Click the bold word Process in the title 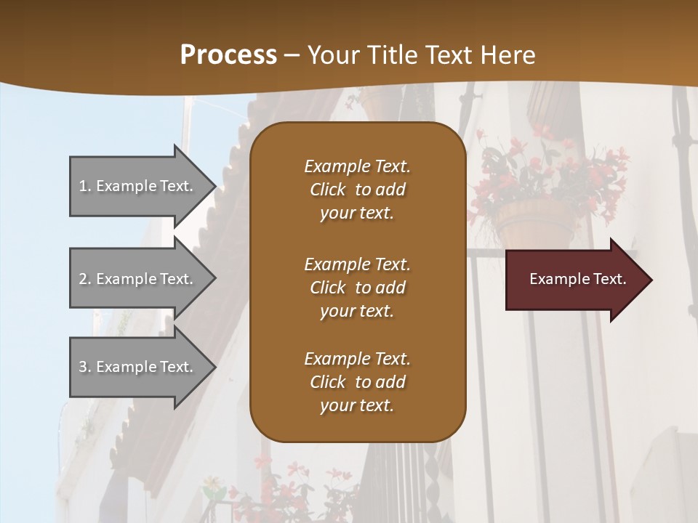(x=228, y=55)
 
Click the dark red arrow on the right (x=574, y=279)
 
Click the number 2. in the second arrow (x=85, y=279)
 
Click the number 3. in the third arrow (x=85, y=367)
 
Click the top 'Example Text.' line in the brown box (x=357, y=166)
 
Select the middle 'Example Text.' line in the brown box (x=357, y=264)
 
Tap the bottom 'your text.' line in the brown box (x=357, y=406)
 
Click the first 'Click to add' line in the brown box (x=357, y=190)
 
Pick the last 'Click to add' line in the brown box (x=357, y=382)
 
